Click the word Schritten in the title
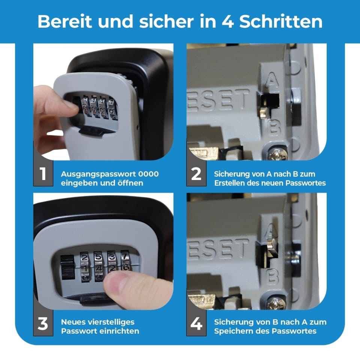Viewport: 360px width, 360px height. coord(281,21)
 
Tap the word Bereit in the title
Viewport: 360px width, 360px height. coord(65,21)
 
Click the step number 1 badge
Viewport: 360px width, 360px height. coord(43,173)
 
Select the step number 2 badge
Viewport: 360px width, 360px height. coord(196,173)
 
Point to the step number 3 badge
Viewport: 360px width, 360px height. coord(43,323)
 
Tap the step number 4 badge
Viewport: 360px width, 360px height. coord(196,323)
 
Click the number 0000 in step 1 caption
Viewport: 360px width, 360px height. coord(148,174)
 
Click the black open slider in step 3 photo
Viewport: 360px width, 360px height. coord(67,267)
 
